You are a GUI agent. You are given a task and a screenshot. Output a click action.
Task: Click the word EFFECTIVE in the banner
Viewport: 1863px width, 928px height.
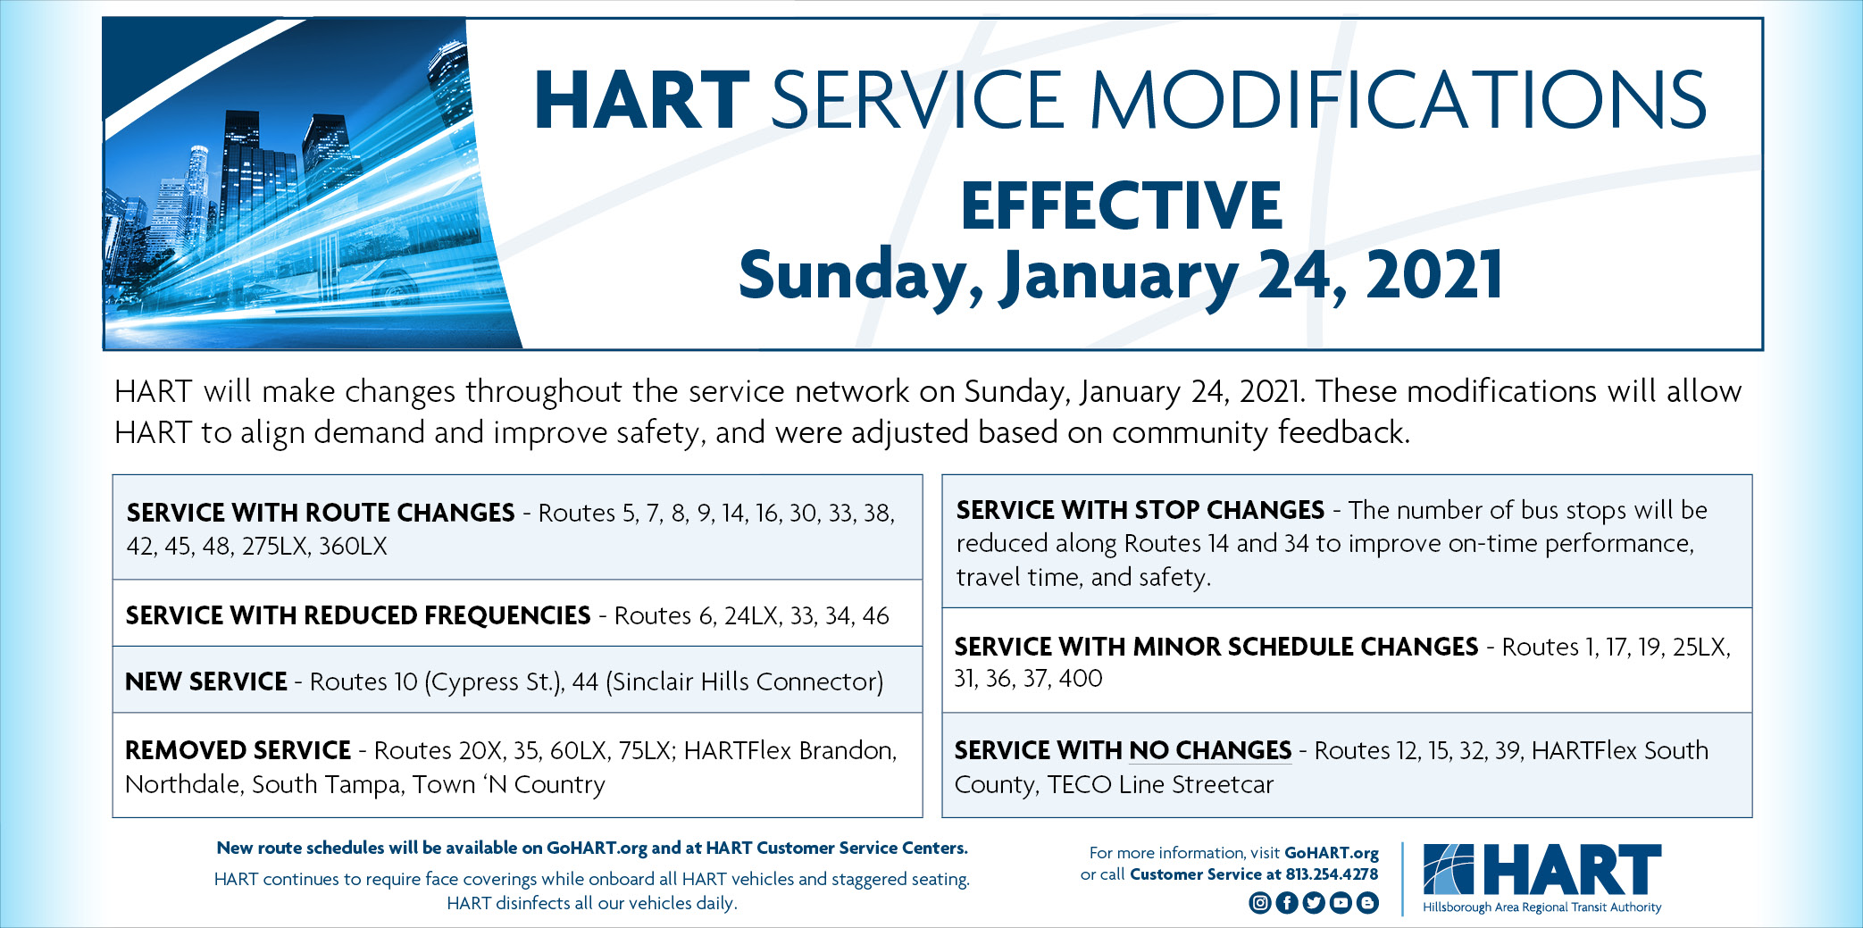coord(1121,206)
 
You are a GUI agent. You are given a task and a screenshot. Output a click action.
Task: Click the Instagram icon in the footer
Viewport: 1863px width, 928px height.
coord(1259,903)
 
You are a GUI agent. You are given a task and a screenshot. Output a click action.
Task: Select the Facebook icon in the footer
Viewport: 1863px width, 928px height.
coord(1286,903)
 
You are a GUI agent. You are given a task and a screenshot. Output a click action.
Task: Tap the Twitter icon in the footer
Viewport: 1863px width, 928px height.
coord(1313,903)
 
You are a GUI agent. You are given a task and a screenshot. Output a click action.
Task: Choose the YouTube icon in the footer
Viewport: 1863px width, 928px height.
coord(1341,903)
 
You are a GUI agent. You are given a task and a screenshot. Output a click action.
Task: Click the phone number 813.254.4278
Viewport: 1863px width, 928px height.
coord(1330,874)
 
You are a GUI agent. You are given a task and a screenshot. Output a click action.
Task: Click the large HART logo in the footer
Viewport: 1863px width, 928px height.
coord(1542,870)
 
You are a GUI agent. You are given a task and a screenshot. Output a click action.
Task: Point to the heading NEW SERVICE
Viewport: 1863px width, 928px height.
coord(205,681)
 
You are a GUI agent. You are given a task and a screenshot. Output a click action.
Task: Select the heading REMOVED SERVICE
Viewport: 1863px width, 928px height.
coord(238,750)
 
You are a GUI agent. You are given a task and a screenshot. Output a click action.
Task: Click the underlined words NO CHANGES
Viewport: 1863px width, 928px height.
coord(1210,750)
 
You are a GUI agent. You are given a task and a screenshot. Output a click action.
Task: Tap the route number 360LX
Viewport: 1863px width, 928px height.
coord(353,547)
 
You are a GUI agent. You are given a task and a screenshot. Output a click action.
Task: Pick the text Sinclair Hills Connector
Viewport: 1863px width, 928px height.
coord(744,681)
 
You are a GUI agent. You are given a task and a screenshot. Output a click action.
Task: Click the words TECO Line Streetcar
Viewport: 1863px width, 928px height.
coord(1160,784)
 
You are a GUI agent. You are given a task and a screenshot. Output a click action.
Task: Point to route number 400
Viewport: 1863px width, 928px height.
coord(1081,679)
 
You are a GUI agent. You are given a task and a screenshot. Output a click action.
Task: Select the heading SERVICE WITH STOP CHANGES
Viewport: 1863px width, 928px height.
coord(1140,510)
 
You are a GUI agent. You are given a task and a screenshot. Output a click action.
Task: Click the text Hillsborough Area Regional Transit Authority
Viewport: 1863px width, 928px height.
coord(1541,907)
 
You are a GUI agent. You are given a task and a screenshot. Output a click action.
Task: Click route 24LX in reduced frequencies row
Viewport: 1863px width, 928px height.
coord(751,615)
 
